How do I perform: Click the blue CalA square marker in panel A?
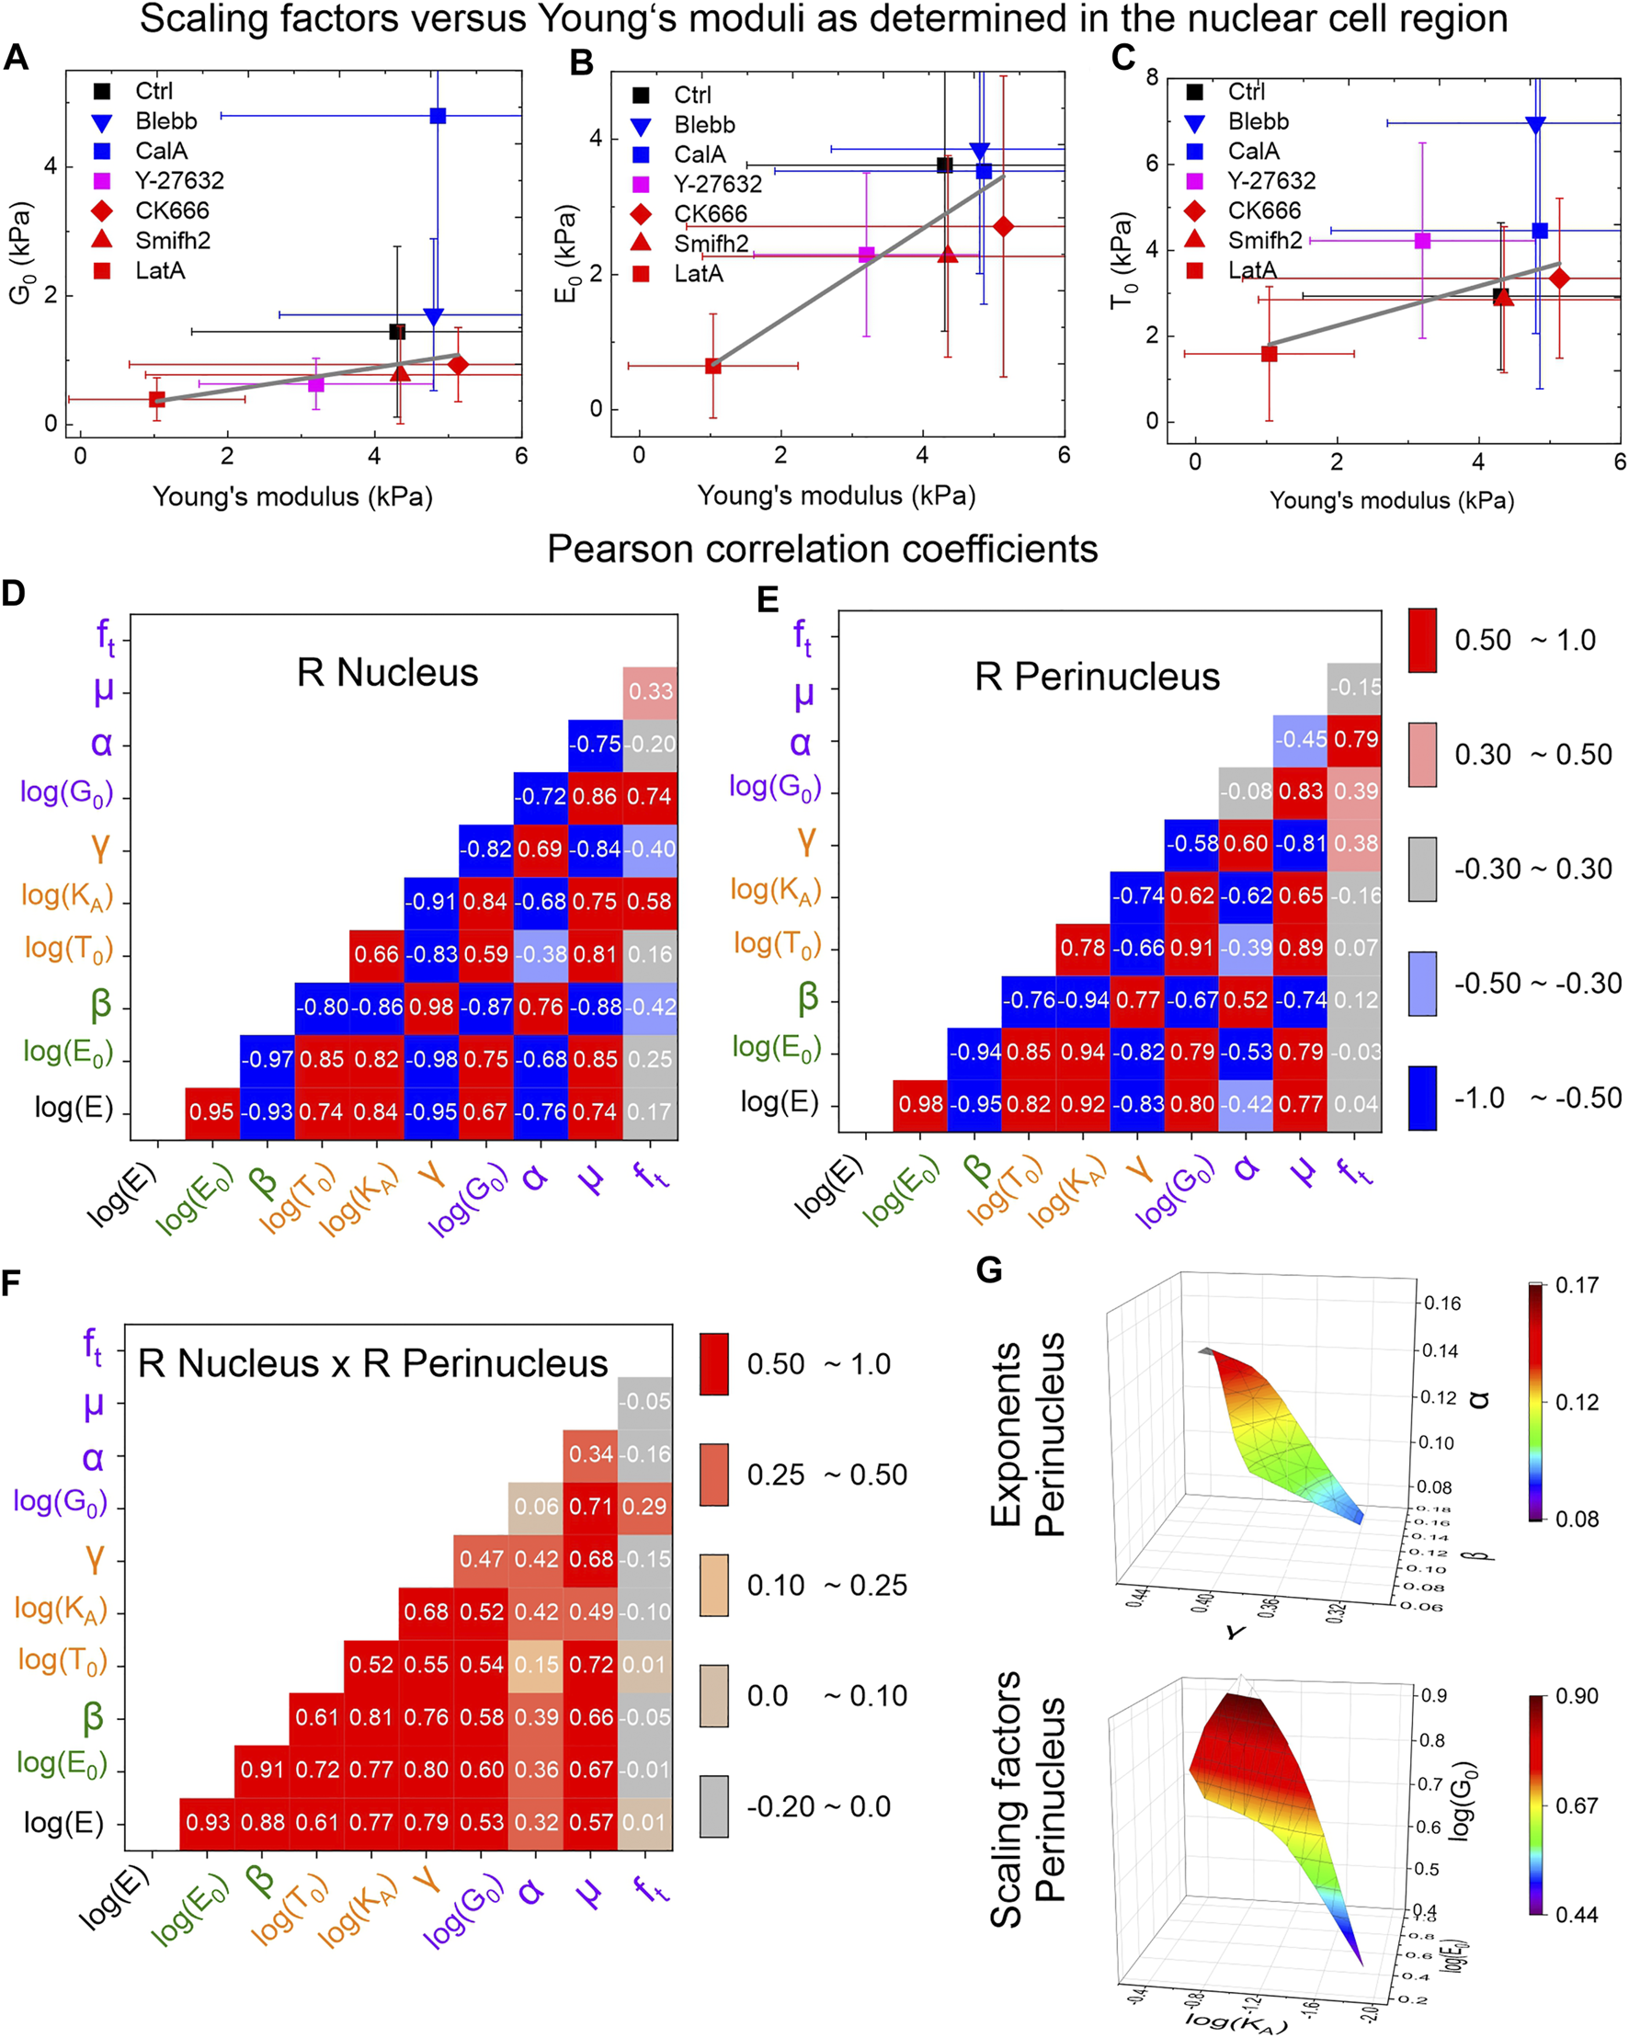pos(438,115)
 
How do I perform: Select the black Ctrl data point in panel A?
pos(397,332)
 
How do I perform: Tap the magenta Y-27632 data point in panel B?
pos(866,255)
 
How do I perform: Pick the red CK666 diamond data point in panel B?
pos(1003,227)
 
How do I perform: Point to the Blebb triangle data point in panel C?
pos(1535,124)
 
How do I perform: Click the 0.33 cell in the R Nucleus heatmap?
pos(651,691)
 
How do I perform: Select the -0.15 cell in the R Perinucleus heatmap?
pos(1354,688)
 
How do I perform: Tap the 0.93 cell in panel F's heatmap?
pos(207,1822)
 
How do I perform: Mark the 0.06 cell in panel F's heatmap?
pos(536,1506)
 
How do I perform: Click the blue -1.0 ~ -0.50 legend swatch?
pos(1422,1098)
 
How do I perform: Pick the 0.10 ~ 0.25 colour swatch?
pos(713,1585)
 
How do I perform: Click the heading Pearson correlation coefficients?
pos(823,549)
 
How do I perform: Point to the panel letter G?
pos(989,1269)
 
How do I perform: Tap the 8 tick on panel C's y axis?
pos(1152,77)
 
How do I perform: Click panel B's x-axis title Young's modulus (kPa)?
pos(836,495)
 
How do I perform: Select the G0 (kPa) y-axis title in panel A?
pos(20,253)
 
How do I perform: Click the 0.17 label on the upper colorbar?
pos(1577,1284)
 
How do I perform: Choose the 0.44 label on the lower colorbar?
pos(1577,1914)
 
